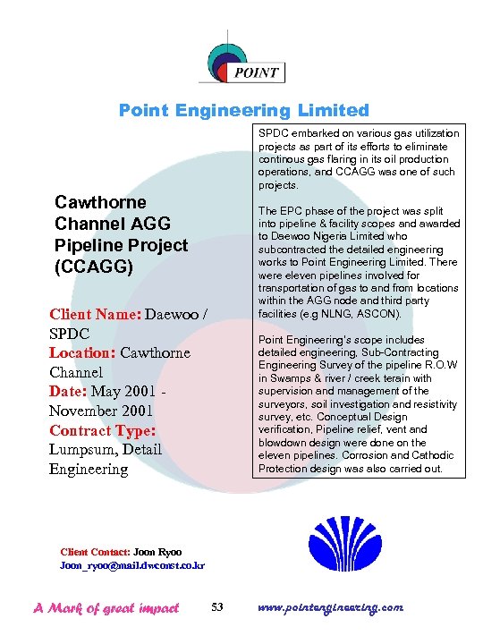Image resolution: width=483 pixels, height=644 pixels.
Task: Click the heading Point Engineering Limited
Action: click(x=244, y=111)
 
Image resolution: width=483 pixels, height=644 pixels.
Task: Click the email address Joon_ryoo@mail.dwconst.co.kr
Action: click(x=132, y=566)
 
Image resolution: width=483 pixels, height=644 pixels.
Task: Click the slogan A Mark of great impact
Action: click(x=106, y=608)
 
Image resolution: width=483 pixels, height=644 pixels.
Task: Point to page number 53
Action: click(x=217, y=608)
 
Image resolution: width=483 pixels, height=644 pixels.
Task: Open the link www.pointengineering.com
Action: click(x=330, y=607)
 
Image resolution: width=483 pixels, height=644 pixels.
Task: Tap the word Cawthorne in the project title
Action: click(x=100, y=202)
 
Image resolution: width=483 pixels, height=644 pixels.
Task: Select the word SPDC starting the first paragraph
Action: click(x=272, y=133)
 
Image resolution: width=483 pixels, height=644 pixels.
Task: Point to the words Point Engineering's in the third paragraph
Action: click(x=302, y=340)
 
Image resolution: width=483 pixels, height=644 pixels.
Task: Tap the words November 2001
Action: click(x=101, y=411)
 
